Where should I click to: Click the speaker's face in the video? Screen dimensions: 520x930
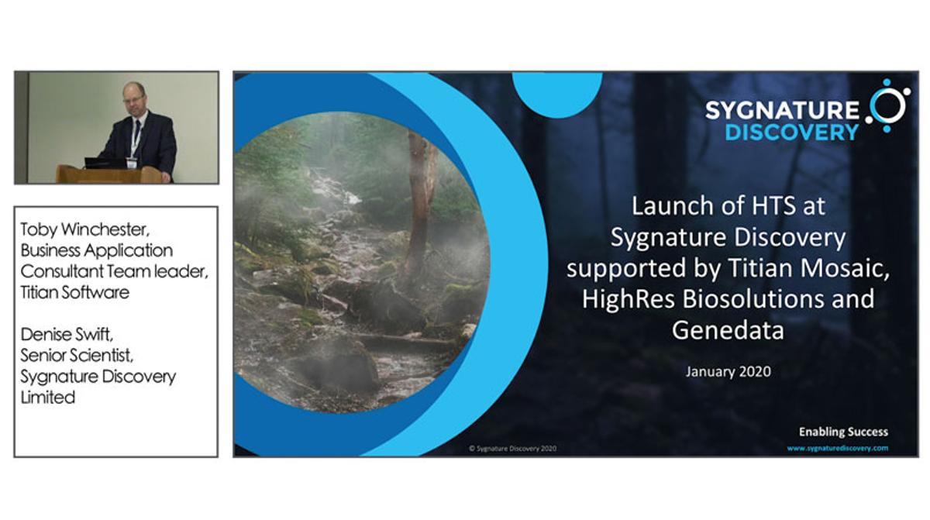[x=133, y=98]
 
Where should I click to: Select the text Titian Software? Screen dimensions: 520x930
[x=74, y=293]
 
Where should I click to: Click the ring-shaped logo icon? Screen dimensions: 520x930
[x=888, y=105]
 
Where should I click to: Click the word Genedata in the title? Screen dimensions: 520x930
[x=728, y=330]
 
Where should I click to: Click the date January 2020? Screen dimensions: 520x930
[x=728, y=372]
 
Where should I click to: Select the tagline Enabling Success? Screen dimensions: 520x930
[x=843, y=432]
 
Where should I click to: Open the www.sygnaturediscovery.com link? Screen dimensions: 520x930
[x=837, y=448]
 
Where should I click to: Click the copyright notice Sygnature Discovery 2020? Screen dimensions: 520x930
[x=512, y=449]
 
